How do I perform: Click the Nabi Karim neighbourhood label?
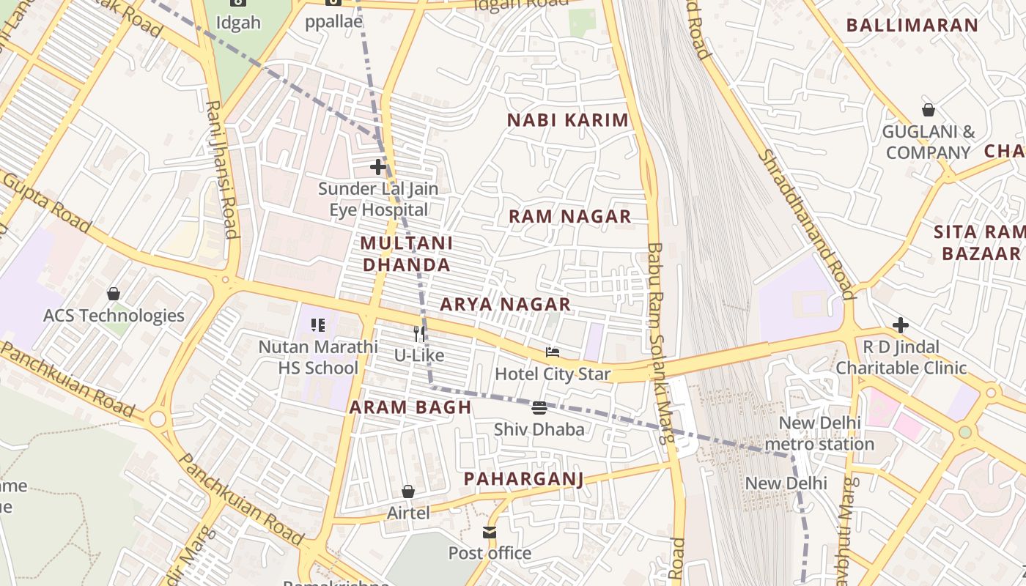(x=569, y=120)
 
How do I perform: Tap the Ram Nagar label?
(x=569, y=216)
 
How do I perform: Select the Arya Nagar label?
(x=505, y=304)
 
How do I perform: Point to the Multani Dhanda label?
(x=407, y=253)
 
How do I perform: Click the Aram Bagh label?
(x=410, y=407)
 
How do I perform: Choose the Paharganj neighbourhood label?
(x=523, y=479)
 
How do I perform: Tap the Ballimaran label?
(x=912, y=25)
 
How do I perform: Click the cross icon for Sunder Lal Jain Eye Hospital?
(x=378, y=167)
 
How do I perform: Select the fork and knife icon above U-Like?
(x=419, y=334)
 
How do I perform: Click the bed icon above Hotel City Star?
(x=553, y=352)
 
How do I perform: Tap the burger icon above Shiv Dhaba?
(x=539, y=407)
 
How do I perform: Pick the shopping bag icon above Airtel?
(x=408, y=492)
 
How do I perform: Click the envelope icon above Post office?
(x=490, y=532)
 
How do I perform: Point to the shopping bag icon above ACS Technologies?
(x=114, y=294)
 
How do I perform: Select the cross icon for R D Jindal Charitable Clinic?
(x=901, y=324)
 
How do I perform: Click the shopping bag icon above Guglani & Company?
(x=929, y=110)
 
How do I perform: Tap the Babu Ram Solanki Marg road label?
(x=660, y=344)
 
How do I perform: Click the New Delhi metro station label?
(x=819, y=434)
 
